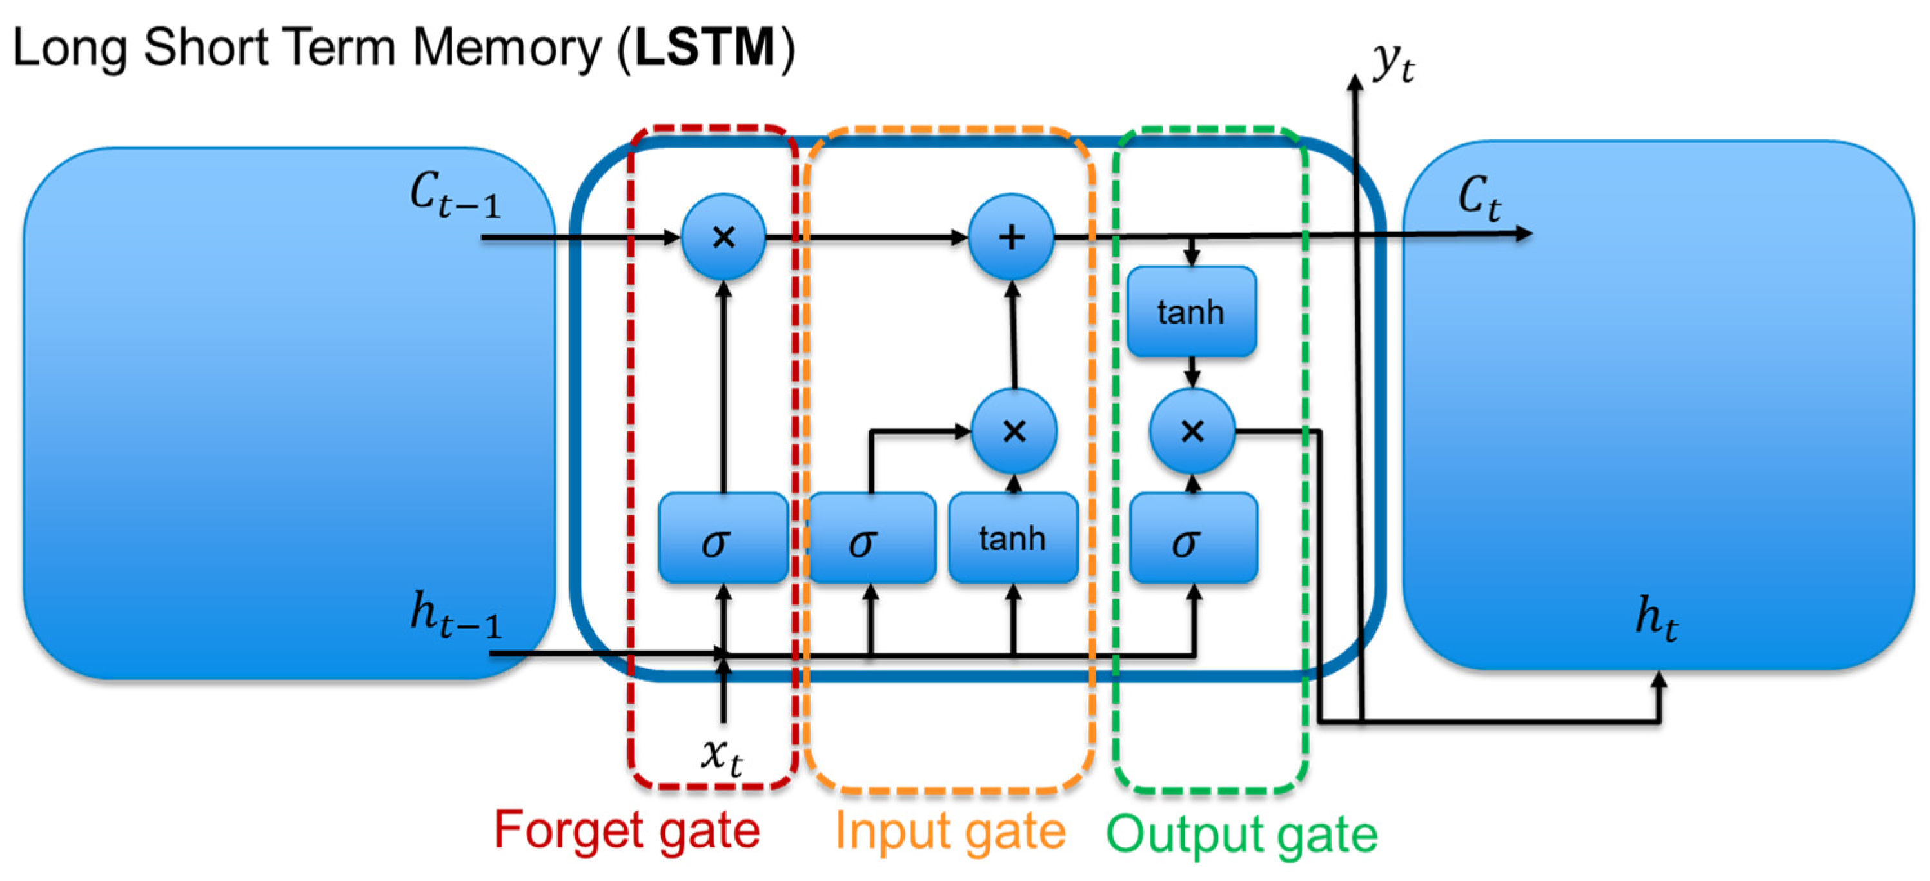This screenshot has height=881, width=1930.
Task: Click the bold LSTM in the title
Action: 705,47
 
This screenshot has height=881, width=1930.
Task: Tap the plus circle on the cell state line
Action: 1012,237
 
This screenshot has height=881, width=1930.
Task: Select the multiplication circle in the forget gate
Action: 724,237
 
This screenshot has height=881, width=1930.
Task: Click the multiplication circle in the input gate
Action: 1014,431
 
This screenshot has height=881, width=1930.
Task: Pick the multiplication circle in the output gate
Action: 1192,431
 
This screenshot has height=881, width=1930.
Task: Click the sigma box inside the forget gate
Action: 722,537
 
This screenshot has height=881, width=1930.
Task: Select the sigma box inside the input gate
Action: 871,537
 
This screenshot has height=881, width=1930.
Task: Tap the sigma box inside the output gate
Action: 1194,537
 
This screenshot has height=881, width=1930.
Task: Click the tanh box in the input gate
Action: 1013,537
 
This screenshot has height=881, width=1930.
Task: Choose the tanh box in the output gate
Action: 1191,311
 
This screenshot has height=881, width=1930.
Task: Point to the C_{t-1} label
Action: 455,195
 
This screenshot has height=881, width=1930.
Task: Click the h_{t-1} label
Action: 455,614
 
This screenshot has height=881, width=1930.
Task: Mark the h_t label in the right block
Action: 1657,619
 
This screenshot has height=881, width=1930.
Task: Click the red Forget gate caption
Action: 627,831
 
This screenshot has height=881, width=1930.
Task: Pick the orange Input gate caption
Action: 950,831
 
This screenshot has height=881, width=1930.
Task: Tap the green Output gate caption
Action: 1241,833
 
